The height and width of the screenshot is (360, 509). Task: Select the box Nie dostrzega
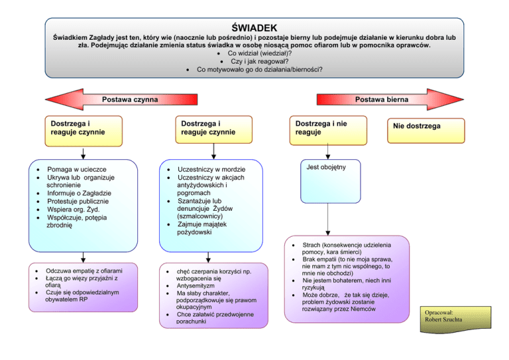416,126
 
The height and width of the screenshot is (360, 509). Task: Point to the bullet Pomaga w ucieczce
78,170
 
